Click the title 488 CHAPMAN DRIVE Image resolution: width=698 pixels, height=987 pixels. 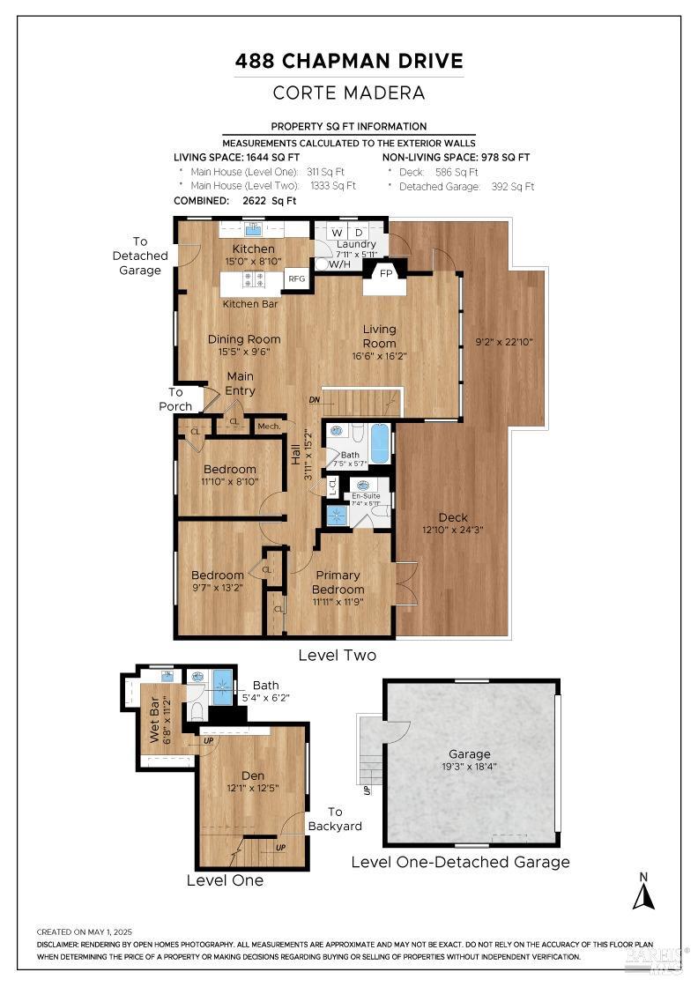point(349,62)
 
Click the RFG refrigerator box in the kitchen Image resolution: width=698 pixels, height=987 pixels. point(296,278)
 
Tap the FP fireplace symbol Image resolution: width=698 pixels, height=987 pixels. point(385,274)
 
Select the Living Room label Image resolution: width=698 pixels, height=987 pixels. point(380,336)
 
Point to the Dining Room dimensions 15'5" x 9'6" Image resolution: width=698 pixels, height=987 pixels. point(244,352)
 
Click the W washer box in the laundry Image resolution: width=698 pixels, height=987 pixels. point(338,232)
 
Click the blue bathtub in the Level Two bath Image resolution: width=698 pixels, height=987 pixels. point(380,443)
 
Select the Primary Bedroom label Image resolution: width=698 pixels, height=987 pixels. point(338,583)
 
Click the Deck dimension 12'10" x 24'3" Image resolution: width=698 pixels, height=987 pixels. point(453,531)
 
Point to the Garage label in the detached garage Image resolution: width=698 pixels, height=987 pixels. point(469,754)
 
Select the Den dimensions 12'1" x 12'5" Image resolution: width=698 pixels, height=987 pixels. point(253,788)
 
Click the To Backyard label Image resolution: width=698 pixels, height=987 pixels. point(334,819)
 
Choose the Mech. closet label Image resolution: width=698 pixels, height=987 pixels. point(269,427)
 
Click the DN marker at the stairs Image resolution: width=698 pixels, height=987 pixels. point(315,400)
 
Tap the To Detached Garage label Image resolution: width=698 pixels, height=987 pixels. point(140,256)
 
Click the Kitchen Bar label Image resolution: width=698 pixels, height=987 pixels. point(250,303)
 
